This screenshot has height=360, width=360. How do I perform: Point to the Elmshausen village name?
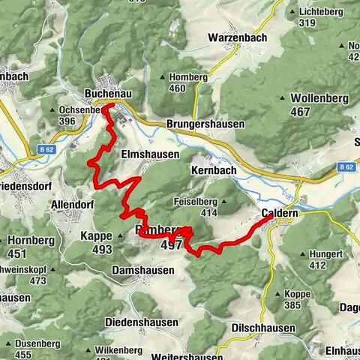point(150,154)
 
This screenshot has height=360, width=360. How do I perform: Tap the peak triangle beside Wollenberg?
point(282,98)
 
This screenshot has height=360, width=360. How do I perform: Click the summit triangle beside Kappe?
point(121,235)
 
